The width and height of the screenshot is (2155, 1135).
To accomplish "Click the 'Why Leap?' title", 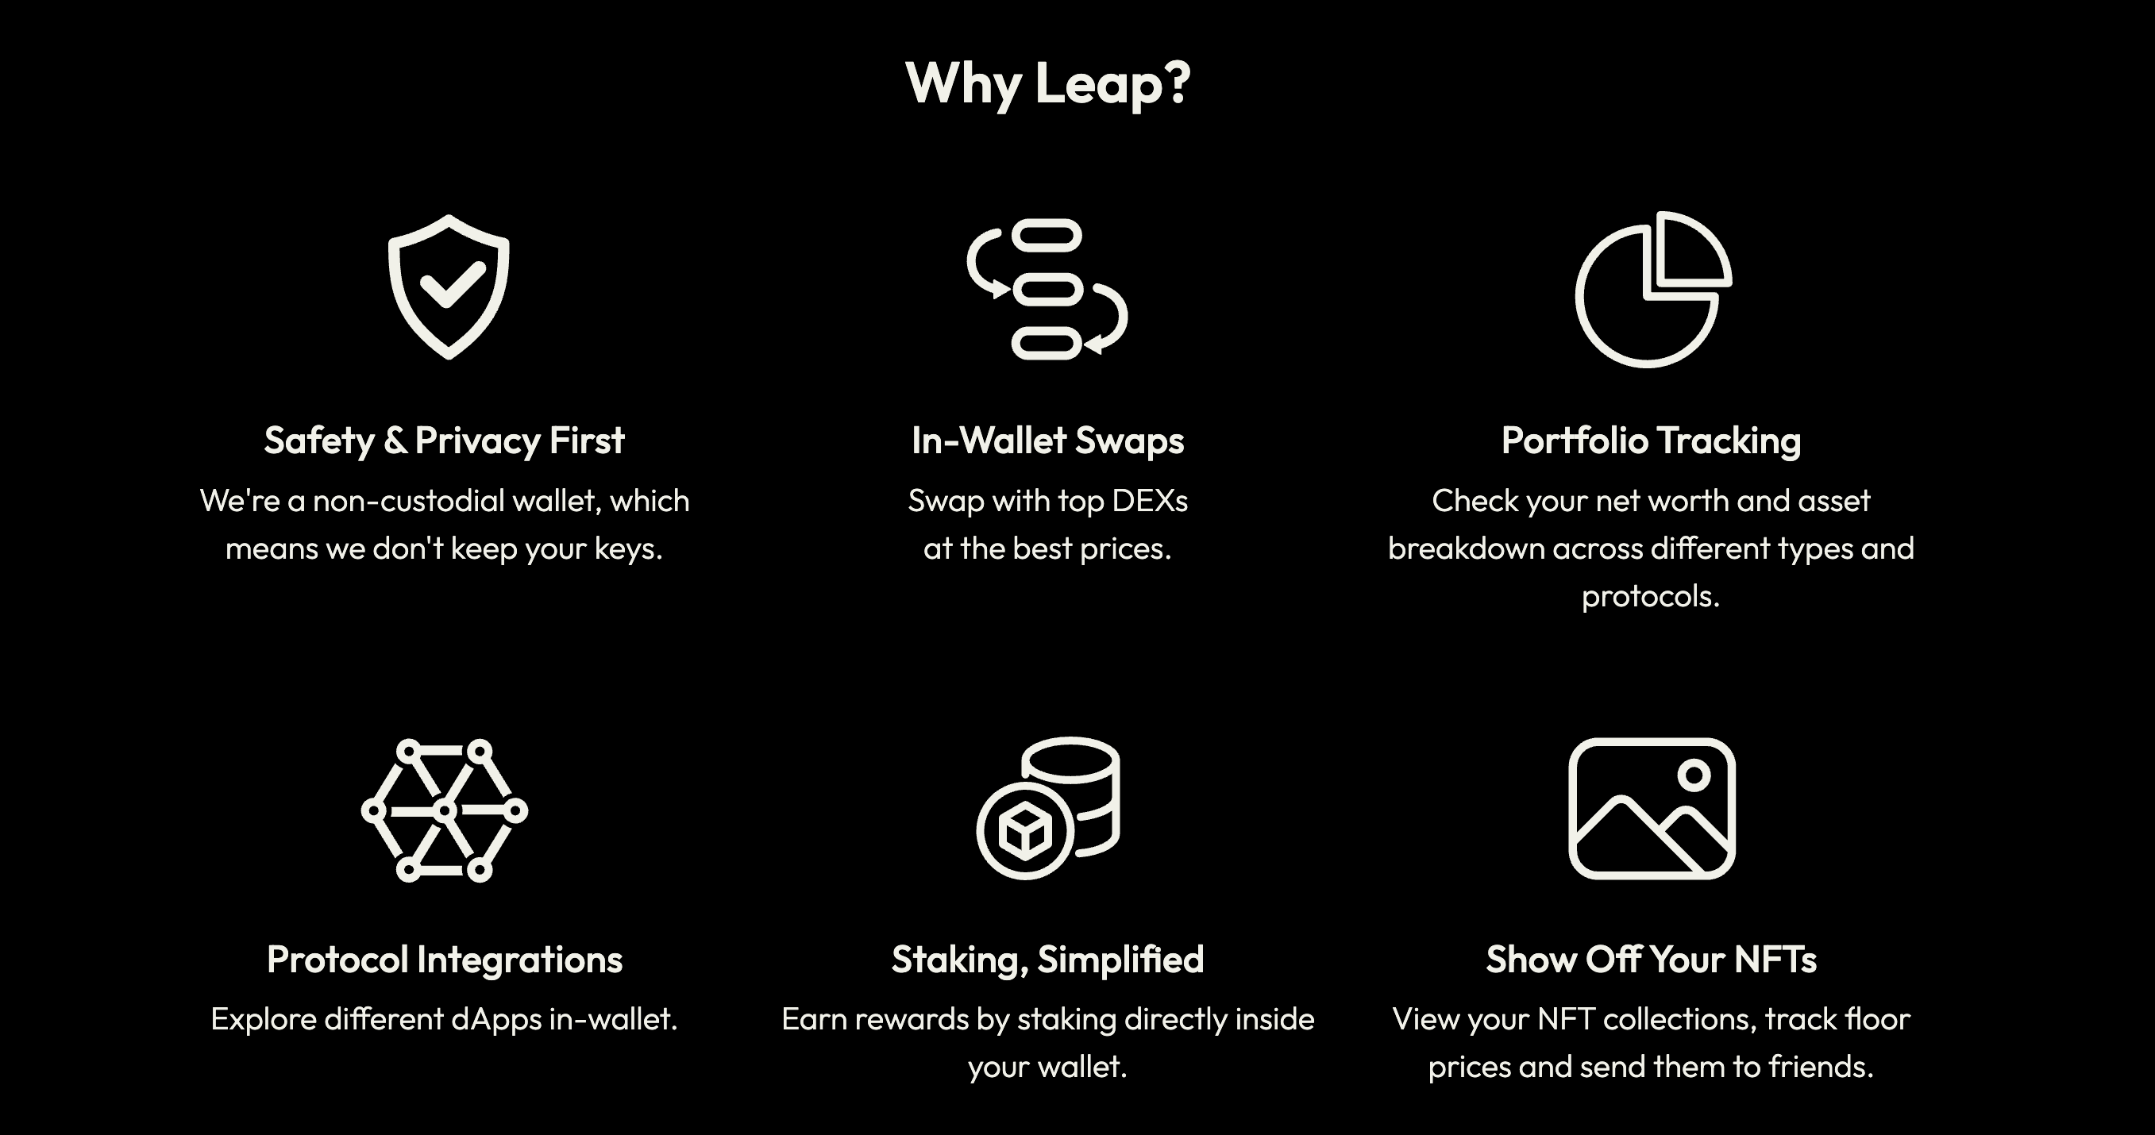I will pyautogui.click(x=1047, y=83).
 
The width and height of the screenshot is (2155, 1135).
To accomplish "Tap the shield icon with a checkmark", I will pyautogui.click(x=449, y=287).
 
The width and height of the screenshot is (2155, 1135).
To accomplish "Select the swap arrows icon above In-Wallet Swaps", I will pyautogui.click(x=1047, y=290).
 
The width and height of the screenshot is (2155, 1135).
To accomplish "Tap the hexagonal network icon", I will pyautogui.click(x=444, y=810).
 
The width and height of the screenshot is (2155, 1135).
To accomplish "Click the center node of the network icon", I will pyautogui.click(x=444, y=810).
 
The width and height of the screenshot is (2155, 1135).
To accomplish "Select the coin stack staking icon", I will pyautogui.click(x=1047, y=808).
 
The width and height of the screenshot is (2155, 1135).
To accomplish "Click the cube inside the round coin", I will pyautogui.click(x=1025, y=831).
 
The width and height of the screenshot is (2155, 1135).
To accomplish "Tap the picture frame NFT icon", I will pyautogui.click(x=1652, y=808).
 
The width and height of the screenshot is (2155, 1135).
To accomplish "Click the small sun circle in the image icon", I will pyautogui.click(x=1693, y=775).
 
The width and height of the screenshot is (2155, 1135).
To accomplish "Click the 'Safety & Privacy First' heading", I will pyautogui.click(x=444, y=441).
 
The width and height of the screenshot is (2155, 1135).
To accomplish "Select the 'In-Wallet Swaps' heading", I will pyautogui.click(x=1047, y=441).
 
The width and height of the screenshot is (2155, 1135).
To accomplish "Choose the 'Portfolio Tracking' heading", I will pyautogui.click(x=1651, y=441).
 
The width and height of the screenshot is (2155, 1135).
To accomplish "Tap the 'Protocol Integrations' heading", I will pyautogui.click(x=444, y=960).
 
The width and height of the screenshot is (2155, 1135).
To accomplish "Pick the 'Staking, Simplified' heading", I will pyautogui.click(x=1047, y=960).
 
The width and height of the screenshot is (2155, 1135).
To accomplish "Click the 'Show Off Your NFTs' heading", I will pyautogui.click(x=1651, y=960).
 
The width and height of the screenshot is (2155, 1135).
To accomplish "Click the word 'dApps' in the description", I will pyautogui.click(x=496, y=1020).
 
